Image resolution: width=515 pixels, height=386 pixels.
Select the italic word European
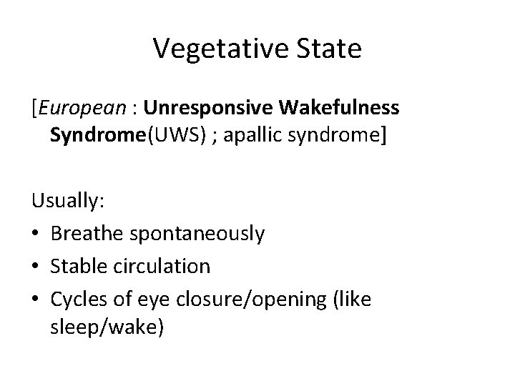click(x=81, y=108)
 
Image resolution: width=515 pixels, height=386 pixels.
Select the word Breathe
click(x=90, y=234)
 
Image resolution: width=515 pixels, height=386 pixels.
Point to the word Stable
click(x=79, y=267)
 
